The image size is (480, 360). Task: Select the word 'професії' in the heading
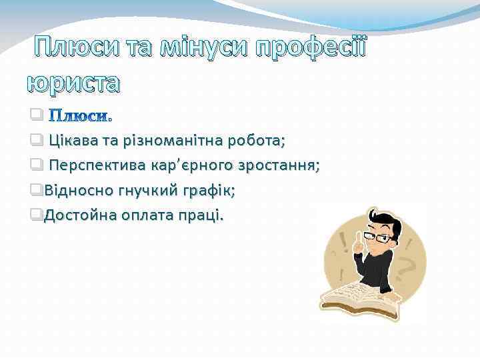tap(312, 48)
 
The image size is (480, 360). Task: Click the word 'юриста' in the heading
tap(74, 83)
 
